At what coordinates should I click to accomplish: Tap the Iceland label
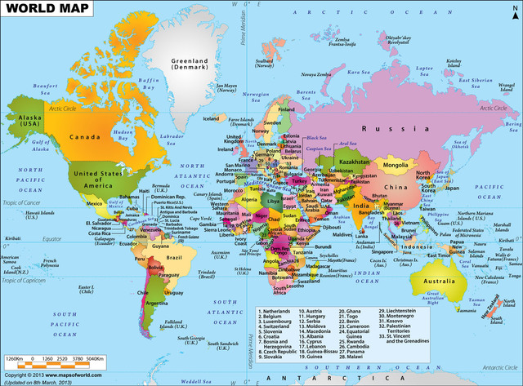tap(211, 118)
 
